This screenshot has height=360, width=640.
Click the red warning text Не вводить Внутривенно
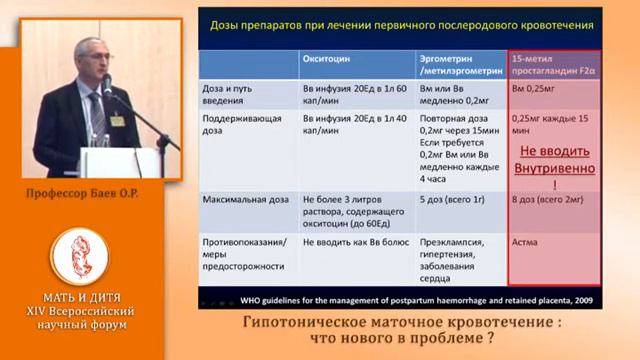coord(555,161)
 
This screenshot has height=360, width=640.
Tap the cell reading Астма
coord(525,242)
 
